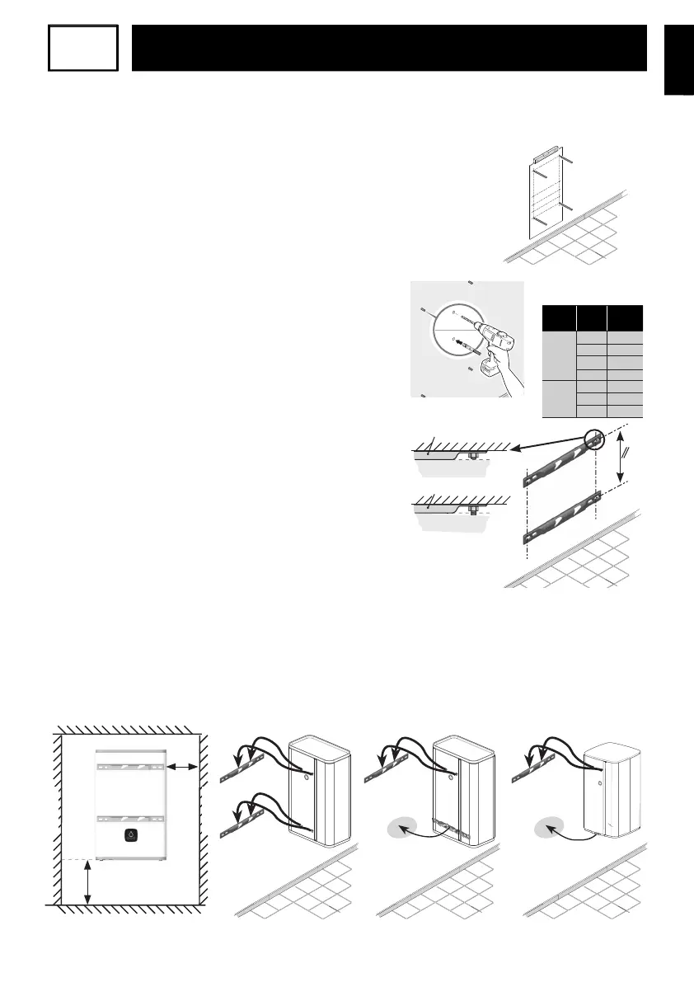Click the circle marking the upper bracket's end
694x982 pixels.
pos(595,440)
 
